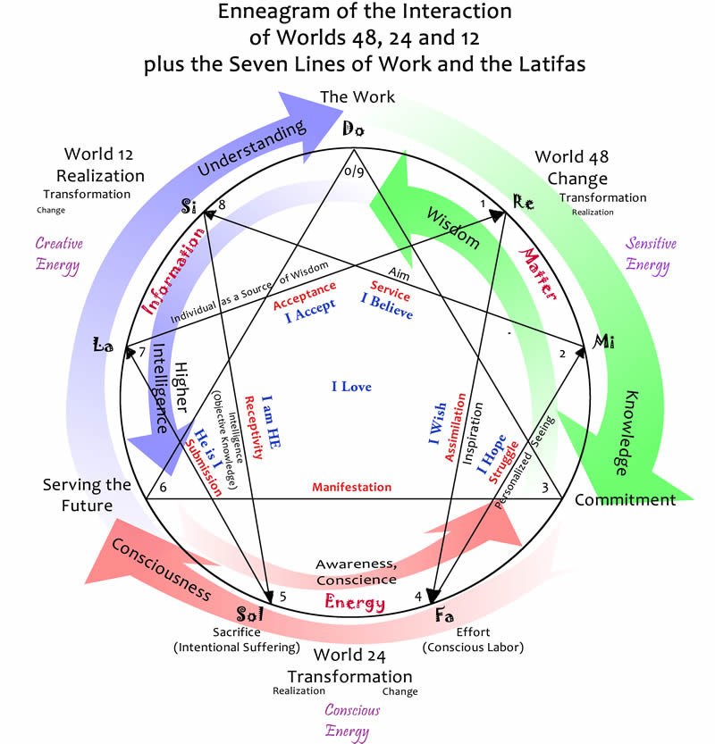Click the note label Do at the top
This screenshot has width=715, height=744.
[354, 130]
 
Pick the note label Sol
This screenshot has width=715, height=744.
[249, 614]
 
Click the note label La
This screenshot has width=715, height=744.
[104, 345]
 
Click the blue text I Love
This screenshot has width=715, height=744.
[351, 387]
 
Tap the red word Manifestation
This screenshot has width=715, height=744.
[351, 488]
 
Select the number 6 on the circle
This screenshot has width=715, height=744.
[163, 487]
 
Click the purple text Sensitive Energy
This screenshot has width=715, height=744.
[651, 254]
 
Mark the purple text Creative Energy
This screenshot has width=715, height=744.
[58, 254]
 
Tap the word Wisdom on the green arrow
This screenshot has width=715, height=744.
[452, 229]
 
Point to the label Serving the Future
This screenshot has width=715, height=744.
[79, 496]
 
